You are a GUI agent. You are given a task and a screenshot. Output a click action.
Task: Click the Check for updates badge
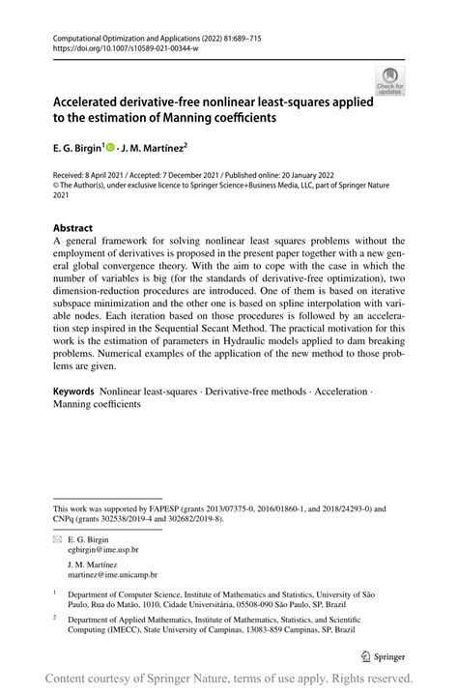pyautogui.click(x=390, y=81)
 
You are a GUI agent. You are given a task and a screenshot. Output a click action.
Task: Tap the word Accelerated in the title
pyautogui.click(x=96, y=101)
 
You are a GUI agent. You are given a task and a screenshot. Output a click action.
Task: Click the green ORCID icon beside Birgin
pyautogui.click(x=111, y=149)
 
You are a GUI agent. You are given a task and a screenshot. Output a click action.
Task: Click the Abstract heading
pyautogui.click(x=73, y=228)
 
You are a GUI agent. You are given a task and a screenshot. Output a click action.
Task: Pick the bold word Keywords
pyautogui.click(x=73, y=391)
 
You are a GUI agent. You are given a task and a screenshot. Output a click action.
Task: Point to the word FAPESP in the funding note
pyautogui.click(x=166, y=507)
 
